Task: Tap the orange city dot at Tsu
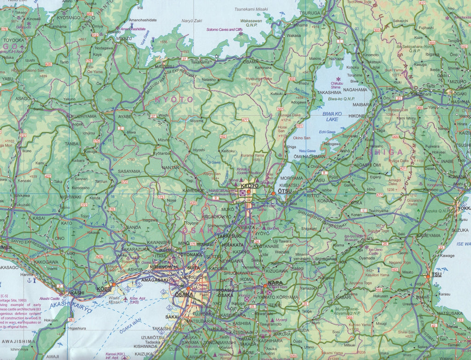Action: [428, 276]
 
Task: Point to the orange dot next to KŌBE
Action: [114, 285]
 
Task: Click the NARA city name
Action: [275, 283]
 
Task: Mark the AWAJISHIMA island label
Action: [18, 342]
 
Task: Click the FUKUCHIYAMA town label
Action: [82, 116]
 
